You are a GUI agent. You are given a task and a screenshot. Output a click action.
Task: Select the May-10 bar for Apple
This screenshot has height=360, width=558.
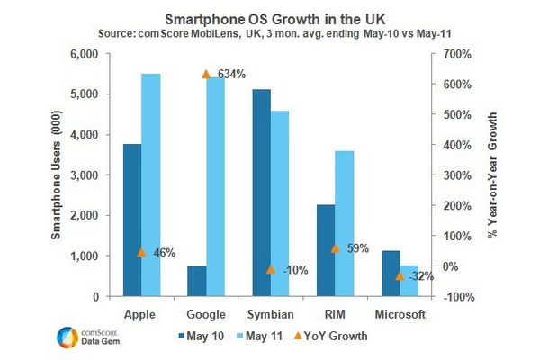pos(132,220)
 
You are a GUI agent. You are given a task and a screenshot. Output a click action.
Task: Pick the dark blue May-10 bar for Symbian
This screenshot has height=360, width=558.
pos(262,193)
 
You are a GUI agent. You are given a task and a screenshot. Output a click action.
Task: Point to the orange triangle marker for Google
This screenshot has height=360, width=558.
pos(205,74)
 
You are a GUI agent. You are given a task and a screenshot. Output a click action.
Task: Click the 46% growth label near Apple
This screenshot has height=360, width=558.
pos(163,253)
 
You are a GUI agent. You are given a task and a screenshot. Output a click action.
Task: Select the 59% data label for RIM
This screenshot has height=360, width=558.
pos(357,248)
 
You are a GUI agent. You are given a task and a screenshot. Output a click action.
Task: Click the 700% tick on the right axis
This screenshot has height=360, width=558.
pos(448,54)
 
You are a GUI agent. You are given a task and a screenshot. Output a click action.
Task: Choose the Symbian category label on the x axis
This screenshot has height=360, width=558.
pos(271,314)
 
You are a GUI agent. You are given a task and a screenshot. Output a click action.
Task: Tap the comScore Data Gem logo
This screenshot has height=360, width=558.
pos(85,336)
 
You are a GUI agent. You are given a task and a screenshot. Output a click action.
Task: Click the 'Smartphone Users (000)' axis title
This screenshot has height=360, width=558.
pos(56,175)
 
